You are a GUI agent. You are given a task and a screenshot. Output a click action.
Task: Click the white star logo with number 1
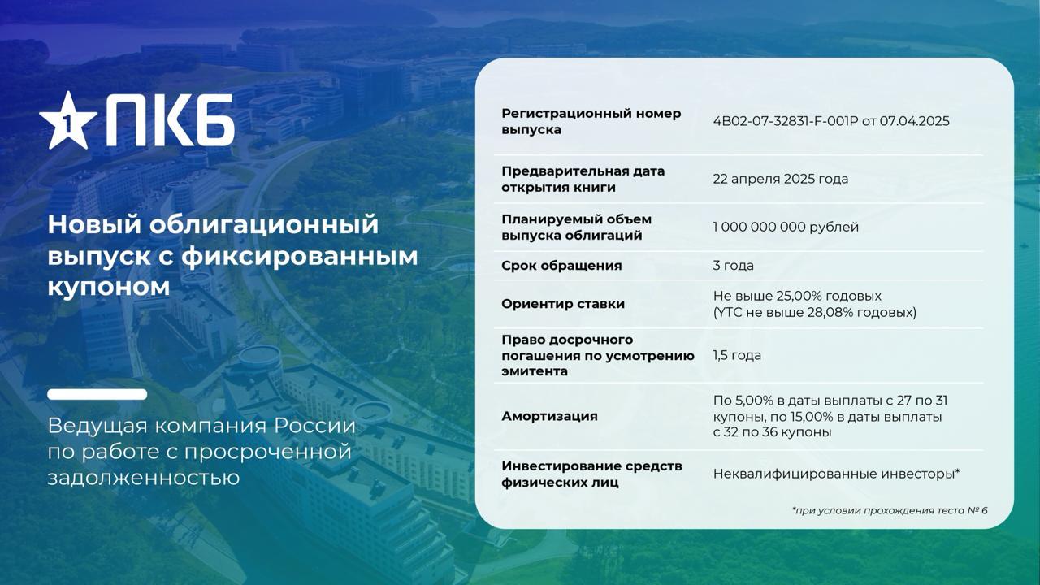(x=68, y=122)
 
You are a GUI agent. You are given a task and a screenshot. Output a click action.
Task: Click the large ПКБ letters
(x=170, y=120)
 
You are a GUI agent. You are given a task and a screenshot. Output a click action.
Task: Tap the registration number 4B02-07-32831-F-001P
(x=786, y=121)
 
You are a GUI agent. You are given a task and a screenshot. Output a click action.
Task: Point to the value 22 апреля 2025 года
(x=781, y=179)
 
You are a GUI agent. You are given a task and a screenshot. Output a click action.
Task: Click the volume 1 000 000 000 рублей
(x=786, y=227)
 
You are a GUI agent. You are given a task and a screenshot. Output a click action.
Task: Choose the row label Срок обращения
(x=561, y=266)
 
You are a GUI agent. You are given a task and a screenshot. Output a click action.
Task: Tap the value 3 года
(x=733, y=266)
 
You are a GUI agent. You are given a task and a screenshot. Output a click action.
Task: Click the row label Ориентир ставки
(x=563, y=304)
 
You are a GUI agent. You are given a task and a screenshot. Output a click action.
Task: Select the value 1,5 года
(x=737, y=355)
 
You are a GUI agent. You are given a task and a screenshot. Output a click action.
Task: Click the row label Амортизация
(x=549, y=416)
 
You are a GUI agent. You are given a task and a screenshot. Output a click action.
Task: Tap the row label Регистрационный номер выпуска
(x=591, y=121)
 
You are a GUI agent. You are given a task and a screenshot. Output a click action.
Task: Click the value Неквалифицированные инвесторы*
(x=836, y=474)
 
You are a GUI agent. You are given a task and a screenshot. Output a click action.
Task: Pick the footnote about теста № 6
(x=890, y=511)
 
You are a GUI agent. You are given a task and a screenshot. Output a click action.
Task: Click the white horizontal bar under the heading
(x=97, y=394)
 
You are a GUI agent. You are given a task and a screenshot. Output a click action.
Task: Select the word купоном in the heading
(x=109, y=287)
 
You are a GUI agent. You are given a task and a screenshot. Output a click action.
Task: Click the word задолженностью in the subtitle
(x=144, y=478)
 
